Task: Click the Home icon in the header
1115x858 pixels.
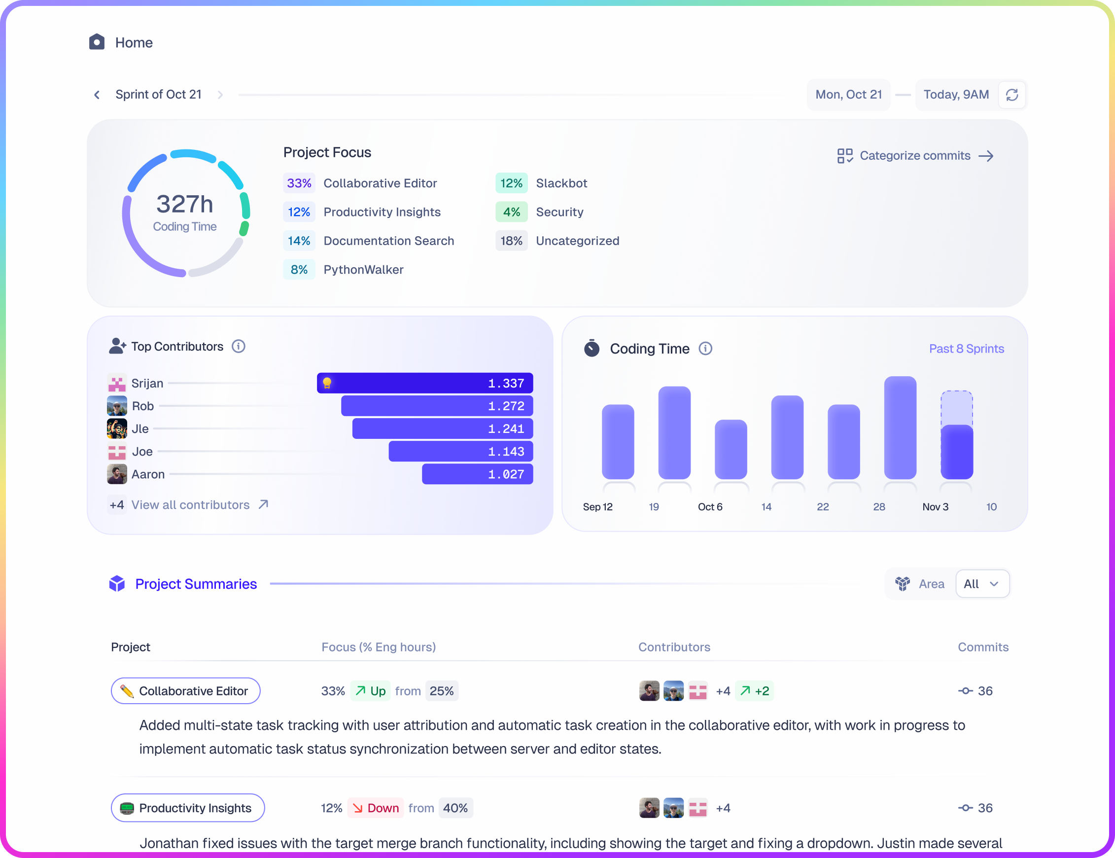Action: tap(97, 42)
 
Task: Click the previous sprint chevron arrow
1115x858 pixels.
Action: tap(97, 95)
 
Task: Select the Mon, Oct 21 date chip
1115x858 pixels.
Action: tap(848, 95)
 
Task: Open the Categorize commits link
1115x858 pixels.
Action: tap(915, 156)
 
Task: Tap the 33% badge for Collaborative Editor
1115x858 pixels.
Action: tap(299, 183)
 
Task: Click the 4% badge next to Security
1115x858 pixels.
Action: tap(511, 212)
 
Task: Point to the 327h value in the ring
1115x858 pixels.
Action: tap(184, 204)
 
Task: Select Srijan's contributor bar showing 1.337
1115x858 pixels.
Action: tap(425, 383)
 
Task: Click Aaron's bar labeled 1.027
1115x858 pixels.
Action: tap(477, 474)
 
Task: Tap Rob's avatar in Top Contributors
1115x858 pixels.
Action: tap(117, 406)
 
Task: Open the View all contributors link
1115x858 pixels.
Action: tap(190, 504)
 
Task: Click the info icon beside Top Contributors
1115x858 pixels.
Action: tap(239, 346)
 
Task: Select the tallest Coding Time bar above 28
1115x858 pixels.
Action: tap(900, 428)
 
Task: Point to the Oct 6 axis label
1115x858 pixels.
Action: tap(710, 506)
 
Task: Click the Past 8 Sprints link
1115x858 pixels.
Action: tap(966, 349)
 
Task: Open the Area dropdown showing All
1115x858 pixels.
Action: tap(982, 584)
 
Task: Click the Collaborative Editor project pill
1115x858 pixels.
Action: tap(185, 691)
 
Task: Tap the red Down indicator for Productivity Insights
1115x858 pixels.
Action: tap(376, 808)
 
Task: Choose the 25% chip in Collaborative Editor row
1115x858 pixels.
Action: tap(441, 691)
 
